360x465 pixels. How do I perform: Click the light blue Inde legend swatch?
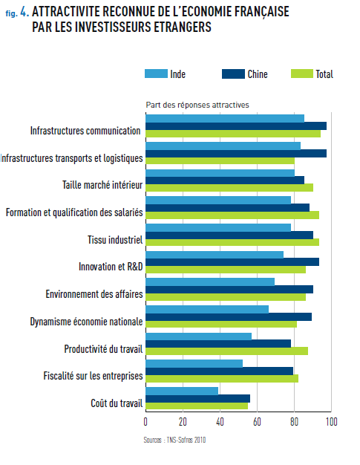[x=156, y=74]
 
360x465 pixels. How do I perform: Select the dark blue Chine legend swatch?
[x=233, y=74]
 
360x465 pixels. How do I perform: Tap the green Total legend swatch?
[x=302, y=74]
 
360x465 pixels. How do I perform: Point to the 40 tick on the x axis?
[x=220, y=422]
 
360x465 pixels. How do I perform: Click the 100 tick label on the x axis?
[x=332, y=422]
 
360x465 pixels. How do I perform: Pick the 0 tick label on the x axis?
[x=145, y=422]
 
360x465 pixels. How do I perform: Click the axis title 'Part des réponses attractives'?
[x=197, y=105]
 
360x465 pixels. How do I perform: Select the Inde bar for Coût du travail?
[x=182, y=391]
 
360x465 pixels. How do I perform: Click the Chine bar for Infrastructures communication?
[x=236, y=126]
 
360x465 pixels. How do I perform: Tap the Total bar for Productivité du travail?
[x=226, y=351]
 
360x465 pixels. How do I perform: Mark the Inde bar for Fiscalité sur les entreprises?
[x=194, y=363]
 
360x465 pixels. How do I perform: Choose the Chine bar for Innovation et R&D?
[x=232, y=262]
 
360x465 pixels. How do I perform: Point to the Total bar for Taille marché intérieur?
[x=229, y=188]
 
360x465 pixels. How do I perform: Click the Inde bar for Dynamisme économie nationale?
[x=207, y=309]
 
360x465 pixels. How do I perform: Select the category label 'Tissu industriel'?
[x=115, y=240]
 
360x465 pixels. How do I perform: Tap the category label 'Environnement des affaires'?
[x=94, y=294]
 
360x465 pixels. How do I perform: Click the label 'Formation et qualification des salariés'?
[x=74, y=212]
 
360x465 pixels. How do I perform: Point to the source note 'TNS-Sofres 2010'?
[x=186, y=440]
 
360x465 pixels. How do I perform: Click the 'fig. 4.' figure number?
[x=17, y=12]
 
